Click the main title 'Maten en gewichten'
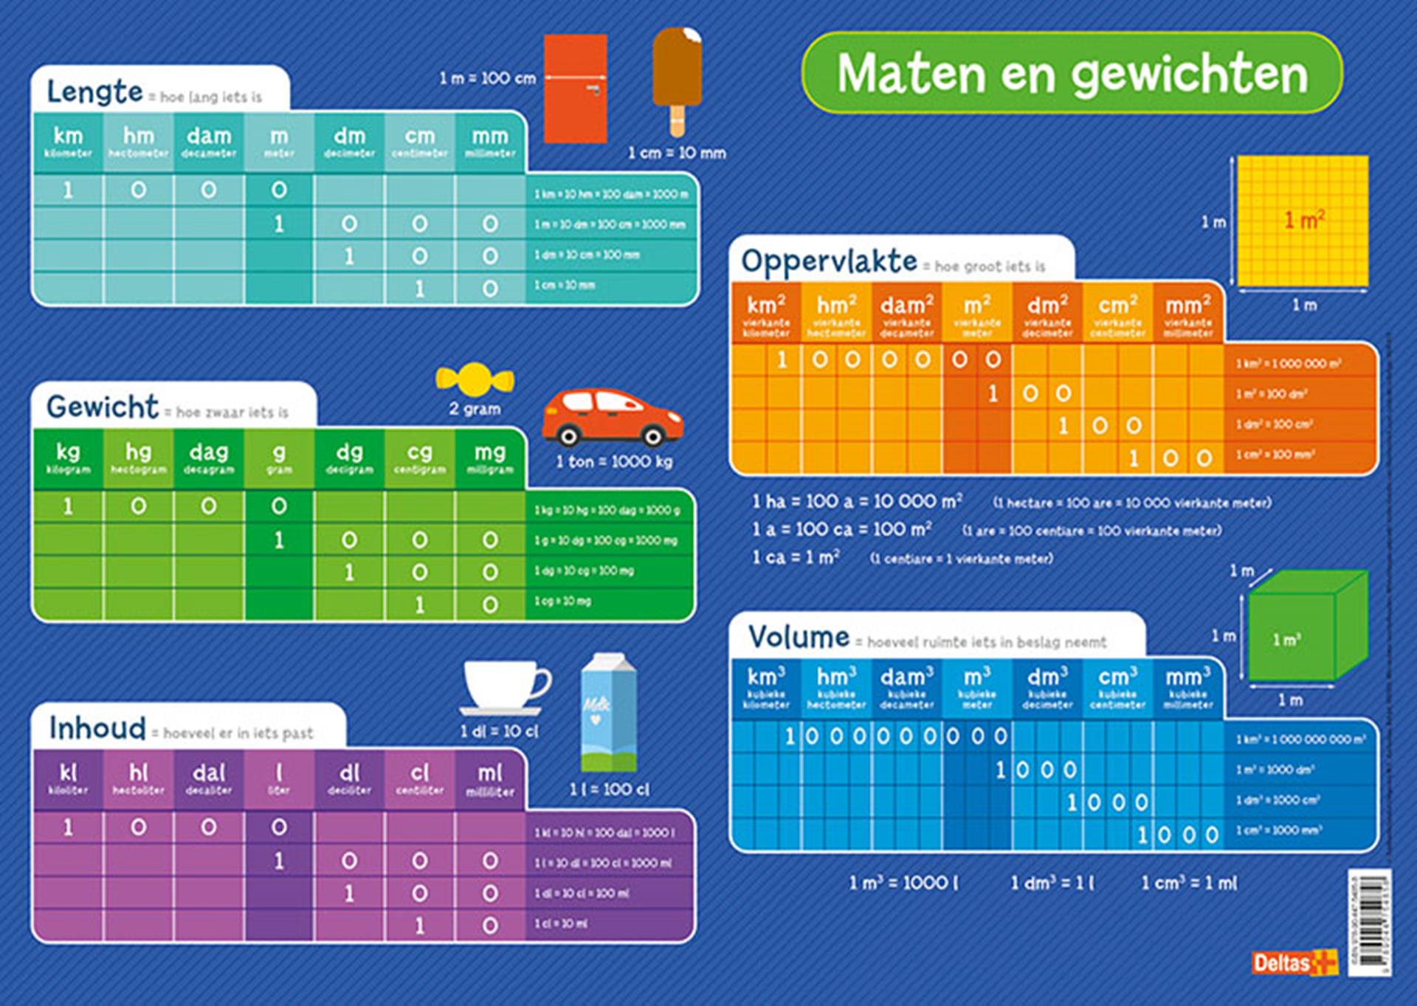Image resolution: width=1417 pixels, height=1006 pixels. (x=1072, y=74)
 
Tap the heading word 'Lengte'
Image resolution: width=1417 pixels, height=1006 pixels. (x=94, y=92)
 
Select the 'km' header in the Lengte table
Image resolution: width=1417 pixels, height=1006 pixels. (x=68, y=141)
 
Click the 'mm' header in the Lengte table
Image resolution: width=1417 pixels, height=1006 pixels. (x=490, y=141)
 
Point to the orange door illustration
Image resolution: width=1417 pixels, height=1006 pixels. (x=575, y=89)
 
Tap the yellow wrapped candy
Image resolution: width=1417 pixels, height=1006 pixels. (x=475, y=379)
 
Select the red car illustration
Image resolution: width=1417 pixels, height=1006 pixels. (x=613, y=418)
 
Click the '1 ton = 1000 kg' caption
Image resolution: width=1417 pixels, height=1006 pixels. (x=614, y=462)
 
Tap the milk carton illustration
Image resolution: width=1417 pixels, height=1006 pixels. (x=608, y=713)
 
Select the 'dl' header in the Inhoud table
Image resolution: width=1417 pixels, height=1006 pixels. (x=349, y=778)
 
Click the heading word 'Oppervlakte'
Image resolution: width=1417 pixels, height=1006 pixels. (x=829, y=261)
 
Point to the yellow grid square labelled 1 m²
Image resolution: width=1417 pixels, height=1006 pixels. (x=1303, y=221)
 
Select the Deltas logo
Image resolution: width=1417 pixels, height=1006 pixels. (x=1294, y=962)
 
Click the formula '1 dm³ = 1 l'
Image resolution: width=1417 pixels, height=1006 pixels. (x=1052, y=883)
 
